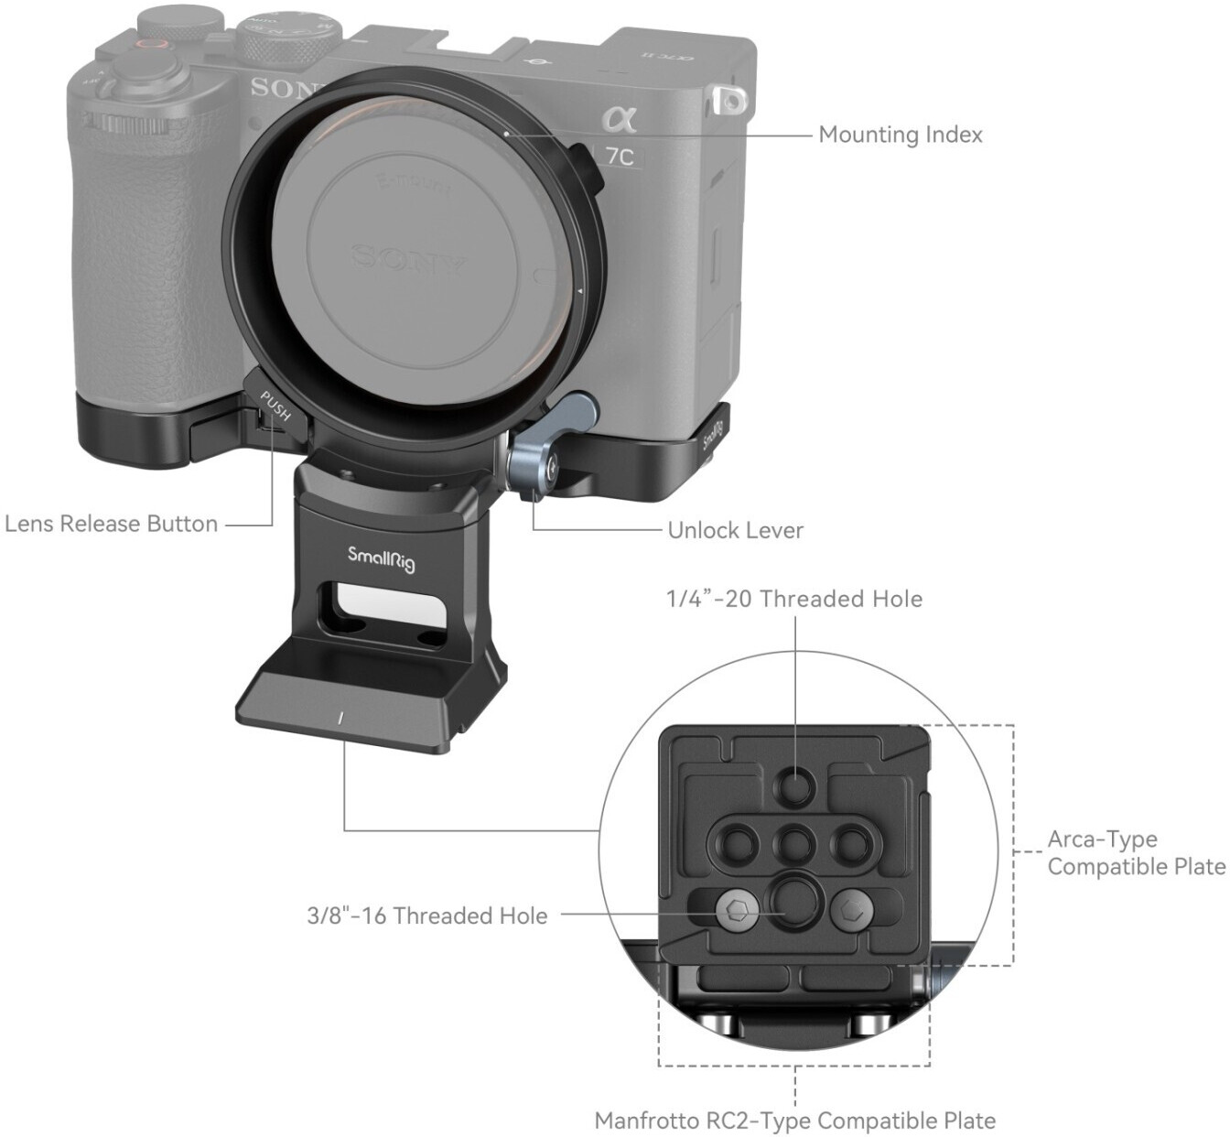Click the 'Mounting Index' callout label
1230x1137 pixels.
[901, 135]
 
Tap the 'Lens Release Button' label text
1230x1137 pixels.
[112, 525]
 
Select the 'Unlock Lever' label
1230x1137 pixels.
[735, 530]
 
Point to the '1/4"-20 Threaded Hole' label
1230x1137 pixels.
[794, 599]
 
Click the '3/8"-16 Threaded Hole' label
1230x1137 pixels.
[427, 915]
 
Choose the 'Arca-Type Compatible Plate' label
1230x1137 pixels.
[1137, 852]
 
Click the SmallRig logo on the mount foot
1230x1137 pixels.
[382, 559]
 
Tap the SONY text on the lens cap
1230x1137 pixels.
[409, 260]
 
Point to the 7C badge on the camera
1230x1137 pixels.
[620, 157]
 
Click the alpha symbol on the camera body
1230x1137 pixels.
[620, 118]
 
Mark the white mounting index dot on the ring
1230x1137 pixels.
[507, 133]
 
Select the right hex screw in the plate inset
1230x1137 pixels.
[853, 910]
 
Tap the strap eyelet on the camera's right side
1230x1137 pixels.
[730, 100]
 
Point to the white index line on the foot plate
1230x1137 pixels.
[340, 718]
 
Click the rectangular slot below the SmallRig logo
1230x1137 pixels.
[385, 610]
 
